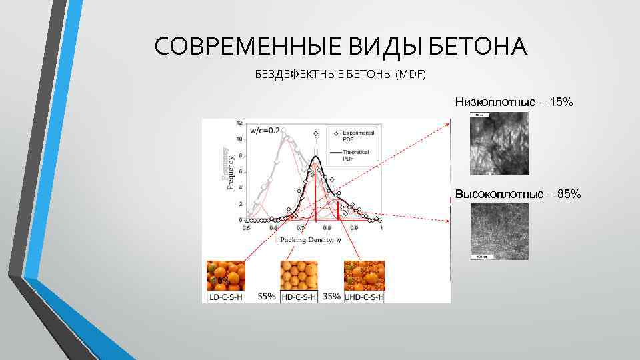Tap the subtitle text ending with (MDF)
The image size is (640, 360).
coord(340,75)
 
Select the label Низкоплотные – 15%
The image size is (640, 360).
coord(513,102)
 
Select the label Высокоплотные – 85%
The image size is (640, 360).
coord(518,194)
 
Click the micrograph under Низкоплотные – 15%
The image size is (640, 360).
coord(499,143)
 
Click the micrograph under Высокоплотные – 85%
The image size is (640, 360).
coord(499,231)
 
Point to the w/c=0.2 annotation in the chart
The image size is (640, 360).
coord(264,131)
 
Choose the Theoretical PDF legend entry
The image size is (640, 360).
coord(357,155)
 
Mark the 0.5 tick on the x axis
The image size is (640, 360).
coord(247,228)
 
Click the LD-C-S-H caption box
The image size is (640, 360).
coord(226,297)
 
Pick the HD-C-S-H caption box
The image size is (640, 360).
coord(299,297)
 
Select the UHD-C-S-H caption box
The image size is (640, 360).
coord(364,297)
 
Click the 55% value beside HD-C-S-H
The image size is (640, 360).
coord(267,296)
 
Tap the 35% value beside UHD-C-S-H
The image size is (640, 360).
coord(331,296)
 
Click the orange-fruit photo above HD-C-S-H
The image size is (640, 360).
coord(299,275)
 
